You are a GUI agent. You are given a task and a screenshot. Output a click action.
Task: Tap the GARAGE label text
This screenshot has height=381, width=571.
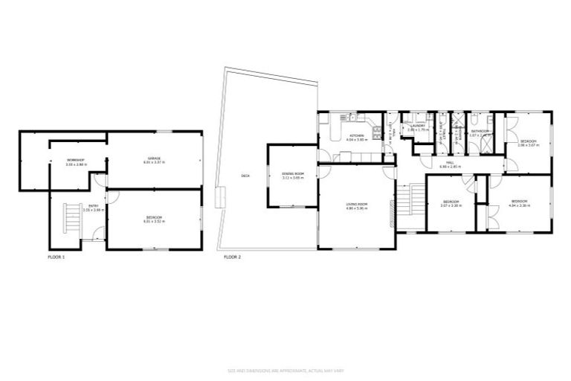point(155,158)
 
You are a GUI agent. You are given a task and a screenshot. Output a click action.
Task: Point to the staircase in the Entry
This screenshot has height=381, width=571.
point(71,219)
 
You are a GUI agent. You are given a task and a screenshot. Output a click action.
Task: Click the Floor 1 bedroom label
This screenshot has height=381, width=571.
point(154,217)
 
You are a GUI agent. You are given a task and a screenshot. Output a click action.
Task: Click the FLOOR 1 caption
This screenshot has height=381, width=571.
point(56,257)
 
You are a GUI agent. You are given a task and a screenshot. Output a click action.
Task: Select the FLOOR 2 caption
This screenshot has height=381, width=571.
point(232,257)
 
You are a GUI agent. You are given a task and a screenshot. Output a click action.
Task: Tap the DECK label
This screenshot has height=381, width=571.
point(245,176)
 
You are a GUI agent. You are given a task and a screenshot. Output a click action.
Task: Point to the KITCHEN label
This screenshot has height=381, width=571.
point(357,136)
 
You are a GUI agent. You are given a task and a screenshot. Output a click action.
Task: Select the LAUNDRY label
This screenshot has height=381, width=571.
point(417,126)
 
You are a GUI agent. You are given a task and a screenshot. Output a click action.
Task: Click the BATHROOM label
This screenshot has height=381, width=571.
point(480,132)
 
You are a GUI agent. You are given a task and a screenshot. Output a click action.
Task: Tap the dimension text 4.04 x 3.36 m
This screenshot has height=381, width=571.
point(520,205)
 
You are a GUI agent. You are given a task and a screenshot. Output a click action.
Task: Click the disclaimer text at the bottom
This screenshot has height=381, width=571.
point(285,370)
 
